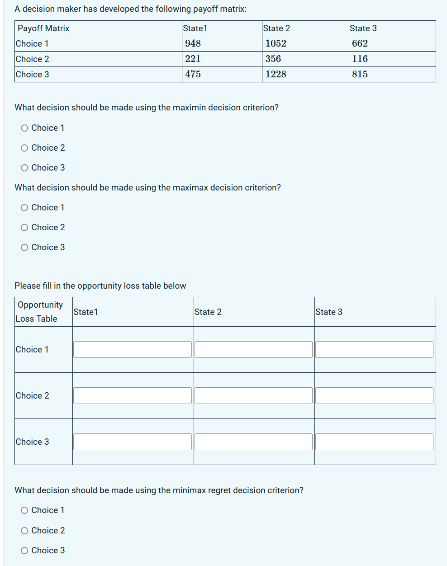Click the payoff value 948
pyautogui.click(x=193, y=43)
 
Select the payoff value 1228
pyautogui.click(x=276, y=74)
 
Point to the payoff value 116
pyautogui.click(x=360, y=59)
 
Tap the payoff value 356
pyautogui.click(x=273, y=59)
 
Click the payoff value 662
pyautogui.click(x=360, y=43)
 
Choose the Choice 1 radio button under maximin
pyautogui.click(x=24, y=128)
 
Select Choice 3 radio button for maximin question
pyautogui.click(x=24, y=168)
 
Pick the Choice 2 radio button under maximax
pyautogui.click(x=24, y=228)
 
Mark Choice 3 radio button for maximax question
pyautogui.click(x=24, y=247)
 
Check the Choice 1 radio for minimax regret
pyautogui.click(x=24, y=510)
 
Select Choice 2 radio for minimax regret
pyautogui.click(x=24, y=531)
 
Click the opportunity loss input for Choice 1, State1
pyautogui.click(x=133, y=349)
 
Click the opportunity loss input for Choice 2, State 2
pyautogui.click(x=253, y=395)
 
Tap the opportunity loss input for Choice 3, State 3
pyautogui.click(x=374, y=442)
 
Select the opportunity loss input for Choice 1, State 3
pyautogui.click(x=374, y=349)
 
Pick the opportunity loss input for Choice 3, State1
pyautogui.click(x=133, y=442)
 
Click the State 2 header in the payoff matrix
pyautogui.click(x=276, y=28)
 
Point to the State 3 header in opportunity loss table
pyautogui.click(x=329, y=312)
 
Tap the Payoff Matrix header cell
pyautogui.click(x=43, y=28)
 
